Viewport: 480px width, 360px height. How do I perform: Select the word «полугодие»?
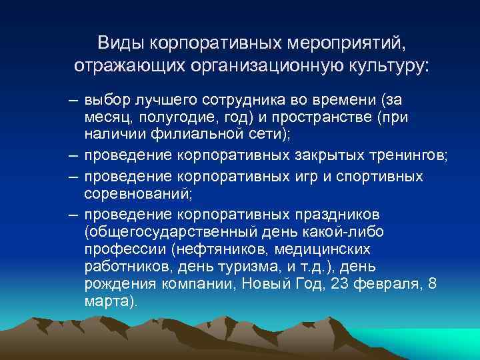click(165, 117)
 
